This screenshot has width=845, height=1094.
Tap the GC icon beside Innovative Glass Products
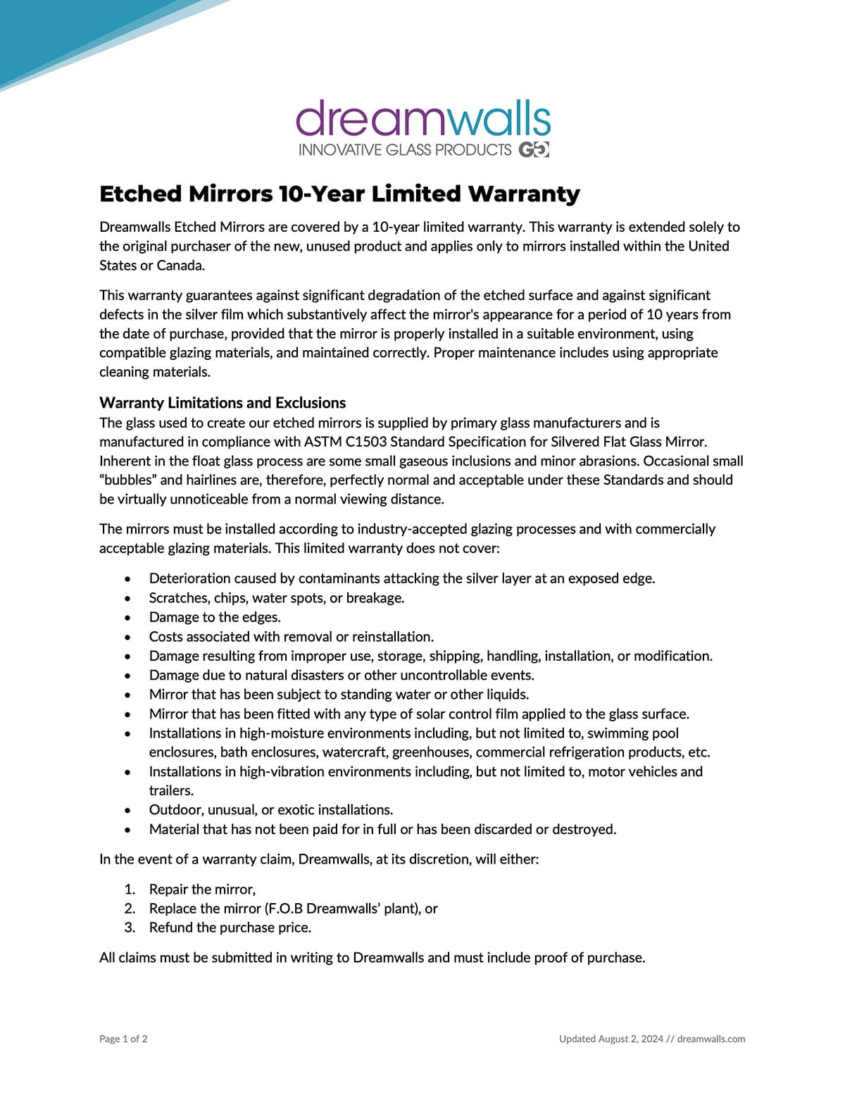click(x=534, y=150)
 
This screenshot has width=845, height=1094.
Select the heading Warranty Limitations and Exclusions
click(x=223, y=403)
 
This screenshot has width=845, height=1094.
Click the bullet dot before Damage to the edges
click(x=127, y=618)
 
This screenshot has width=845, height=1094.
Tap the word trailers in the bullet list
click(x=170, y=790)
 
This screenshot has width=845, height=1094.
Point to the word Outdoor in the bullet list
click(x=175, y=809)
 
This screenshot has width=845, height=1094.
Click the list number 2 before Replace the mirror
click(x=130, y=909)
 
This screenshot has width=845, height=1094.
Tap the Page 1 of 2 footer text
click(x=123, y=1039)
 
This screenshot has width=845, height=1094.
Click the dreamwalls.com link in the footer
click(x=711, y=1039)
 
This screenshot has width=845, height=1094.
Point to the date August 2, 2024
click(x=630, y=1039)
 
